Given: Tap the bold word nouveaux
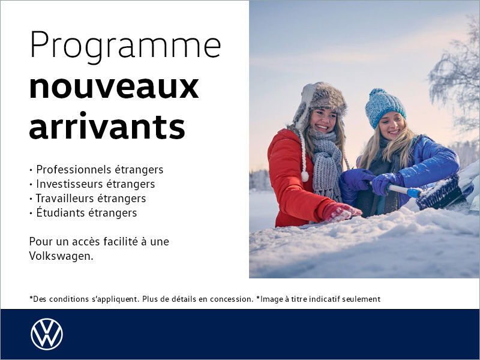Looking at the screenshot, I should click(114, 86).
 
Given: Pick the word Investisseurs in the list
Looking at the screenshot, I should click(71, 184).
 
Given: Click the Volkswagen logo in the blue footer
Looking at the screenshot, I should click(47, 334).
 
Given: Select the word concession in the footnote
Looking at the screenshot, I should click(231, 299).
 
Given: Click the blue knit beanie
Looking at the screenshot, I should click(385, 106).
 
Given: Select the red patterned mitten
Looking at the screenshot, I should click(341, 211).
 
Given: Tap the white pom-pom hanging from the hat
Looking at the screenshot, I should click(305, 176).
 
